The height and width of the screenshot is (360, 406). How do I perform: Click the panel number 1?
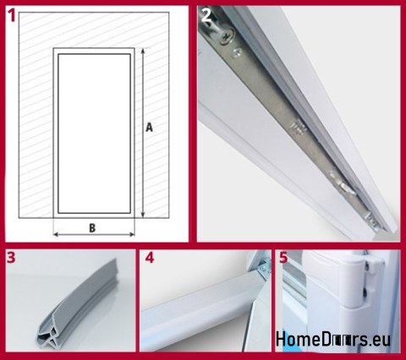point(12,16)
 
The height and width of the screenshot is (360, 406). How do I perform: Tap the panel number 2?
point(206,16)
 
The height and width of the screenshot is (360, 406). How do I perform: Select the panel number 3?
point(11,258)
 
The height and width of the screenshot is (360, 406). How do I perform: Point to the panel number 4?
point(150,258)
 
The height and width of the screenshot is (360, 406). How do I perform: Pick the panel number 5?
point(283,258)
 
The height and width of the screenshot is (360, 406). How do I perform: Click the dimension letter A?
point(149,128)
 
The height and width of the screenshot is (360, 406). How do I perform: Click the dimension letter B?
point(92,228)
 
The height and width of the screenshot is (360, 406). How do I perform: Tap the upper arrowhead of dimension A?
point(143,51)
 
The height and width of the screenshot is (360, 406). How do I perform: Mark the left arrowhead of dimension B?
point(56,234)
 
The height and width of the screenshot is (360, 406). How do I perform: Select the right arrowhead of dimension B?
point(132,234)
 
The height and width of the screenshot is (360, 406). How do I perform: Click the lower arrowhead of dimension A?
point(143,215)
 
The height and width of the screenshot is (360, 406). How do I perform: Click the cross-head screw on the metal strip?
point(227,37)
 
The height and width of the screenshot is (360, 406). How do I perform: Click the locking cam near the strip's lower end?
point(346,188)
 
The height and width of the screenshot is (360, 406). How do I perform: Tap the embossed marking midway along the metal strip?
point(297,127)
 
